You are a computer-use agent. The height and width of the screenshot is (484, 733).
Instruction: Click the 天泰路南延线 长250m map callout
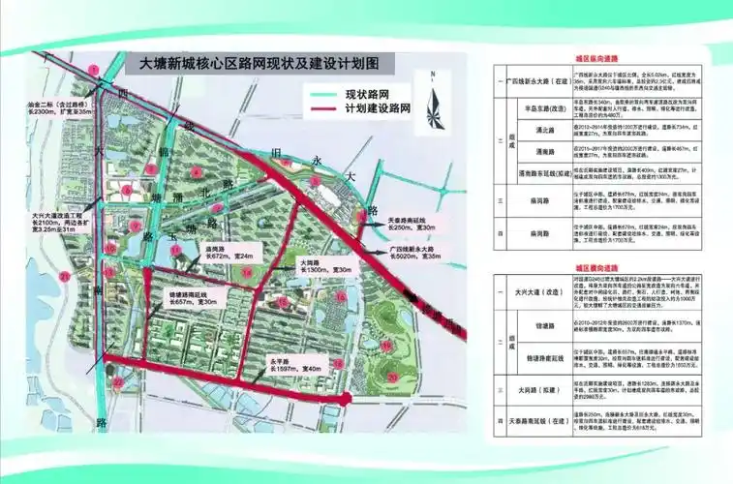pos(411,222)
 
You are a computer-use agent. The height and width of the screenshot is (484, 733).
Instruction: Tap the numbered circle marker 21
pos(65,278)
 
